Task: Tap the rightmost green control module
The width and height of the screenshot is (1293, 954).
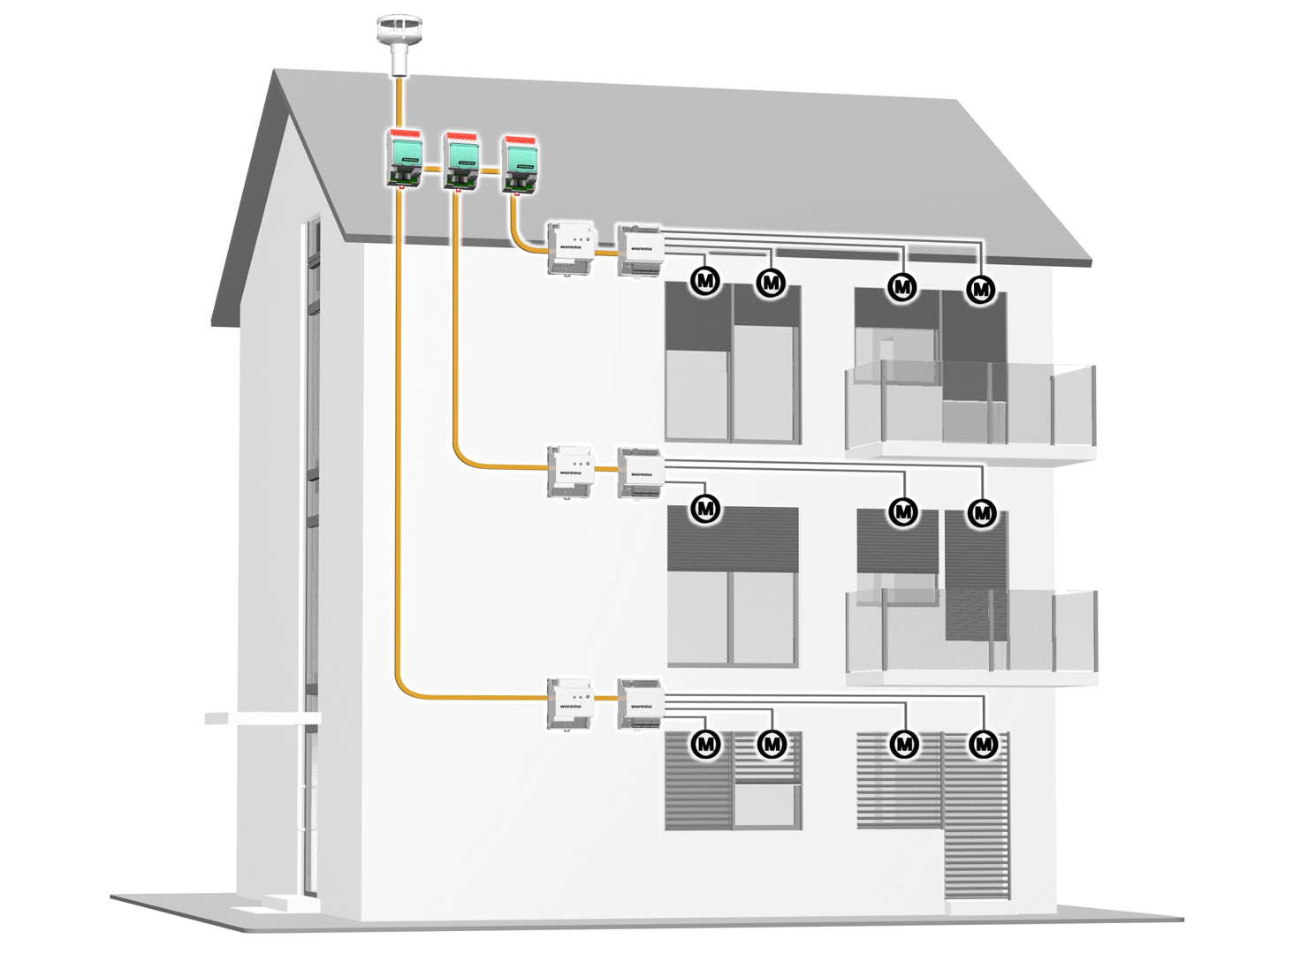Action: (520, 165)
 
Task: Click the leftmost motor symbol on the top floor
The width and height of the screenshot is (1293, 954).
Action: (705, 282)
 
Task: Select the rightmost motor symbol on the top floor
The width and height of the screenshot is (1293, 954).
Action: (981, 289)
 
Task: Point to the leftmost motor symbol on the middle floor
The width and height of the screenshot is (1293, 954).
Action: (705, 509)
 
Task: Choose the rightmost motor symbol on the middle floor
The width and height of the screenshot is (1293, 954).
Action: (982, 513)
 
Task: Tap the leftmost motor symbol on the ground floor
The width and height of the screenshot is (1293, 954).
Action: (705, 745)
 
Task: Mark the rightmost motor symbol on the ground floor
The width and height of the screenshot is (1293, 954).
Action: (984, 745)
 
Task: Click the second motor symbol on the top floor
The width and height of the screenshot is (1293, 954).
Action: (772, 284)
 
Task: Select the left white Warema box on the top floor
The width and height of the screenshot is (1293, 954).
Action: (571, 247)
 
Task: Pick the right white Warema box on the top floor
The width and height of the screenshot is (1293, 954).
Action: (641, 250)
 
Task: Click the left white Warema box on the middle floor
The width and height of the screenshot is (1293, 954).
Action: (571, 473)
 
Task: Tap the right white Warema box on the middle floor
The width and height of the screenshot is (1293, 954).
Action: (641, 474)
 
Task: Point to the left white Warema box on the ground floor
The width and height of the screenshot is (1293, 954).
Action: (570, 704)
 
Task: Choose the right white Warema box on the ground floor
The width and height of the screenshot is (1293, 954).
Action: (641, 705)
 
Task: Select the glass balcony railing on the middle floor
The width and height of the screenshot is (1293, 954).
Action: (971, 631)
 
